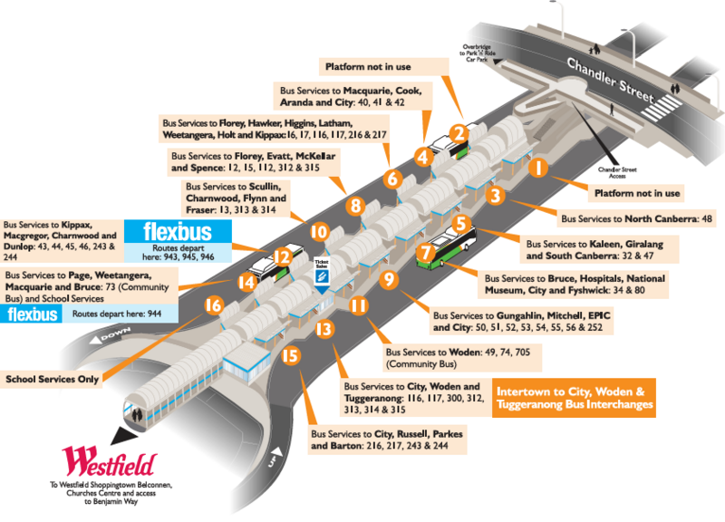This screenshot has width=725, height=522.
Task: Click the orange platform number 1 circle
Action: [x=537, y=168]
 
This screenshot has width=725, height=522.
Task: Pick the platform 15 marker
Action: [x=290, y=356]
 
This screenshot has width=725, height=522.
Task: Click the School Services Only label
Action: [x=53, y=379]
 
